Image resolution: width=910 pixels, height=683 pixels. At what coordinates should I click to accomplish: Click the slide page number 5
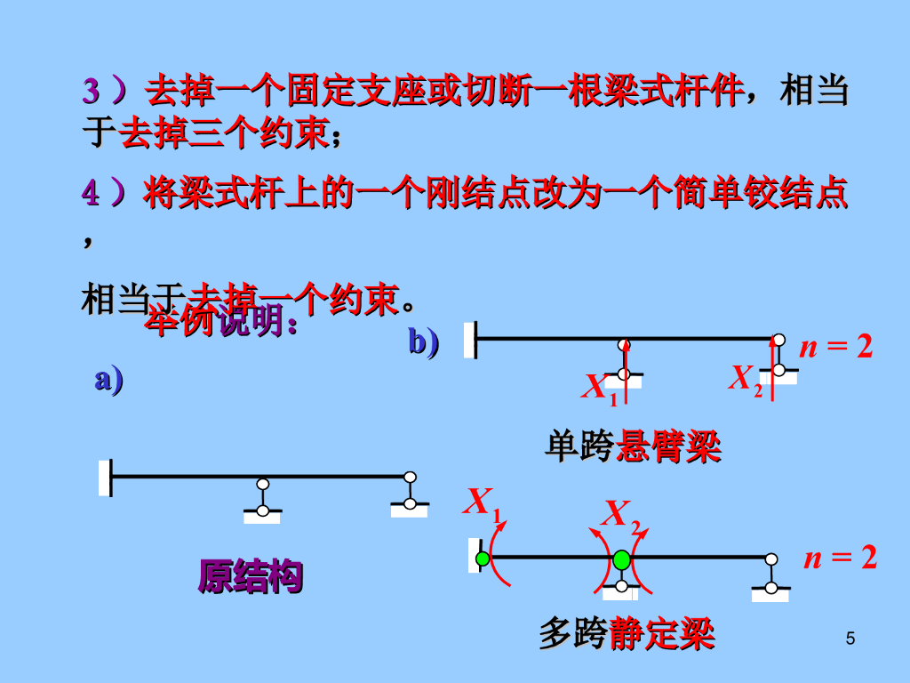point(850,638)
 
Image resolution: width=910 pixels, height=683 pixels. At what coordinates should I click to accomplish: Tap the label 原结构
point(250,576)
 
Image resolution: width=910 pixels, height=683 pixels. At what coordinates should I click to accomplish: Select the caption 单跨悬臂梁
point(632,446)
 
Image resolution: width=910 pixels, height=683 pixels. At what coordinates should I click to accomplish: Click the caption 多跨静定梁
point(627,635)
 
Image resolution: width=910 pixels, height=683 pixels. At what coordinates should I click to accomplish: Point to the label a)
point(108,380)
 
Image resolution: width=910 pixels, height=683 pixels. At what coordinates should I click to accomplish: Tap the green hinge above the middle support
point(621,559)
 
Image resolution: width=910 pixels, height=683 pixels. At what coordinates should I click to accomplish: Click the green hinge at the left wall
point(483,558)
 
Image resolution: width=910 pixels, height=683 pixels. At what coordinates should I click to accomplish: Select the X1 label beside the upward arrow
point(599,388)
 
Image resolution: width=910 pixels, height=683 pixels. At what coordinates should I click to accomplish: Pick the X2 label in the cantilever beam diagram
point(746,379)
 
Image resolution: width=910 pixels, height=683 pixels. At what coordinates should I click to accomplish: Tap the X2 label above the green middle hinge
point(621,515)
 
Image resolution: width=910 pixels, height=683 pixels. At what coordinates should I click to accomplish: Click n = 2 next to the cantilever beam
point(836,347)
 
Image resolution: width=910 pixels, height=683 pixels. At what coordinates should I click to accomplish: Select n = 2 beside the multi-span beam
point(840,558)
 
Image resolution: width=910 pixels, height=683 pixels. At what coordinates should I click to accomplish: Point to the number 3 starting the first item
point(92,91)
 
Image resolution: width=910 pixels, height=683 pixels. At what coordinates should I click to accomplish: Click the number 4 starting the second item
point(91,193)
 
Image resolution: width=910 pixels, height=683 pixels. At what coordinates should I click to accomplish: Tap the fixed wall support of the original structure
point(106,478)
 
